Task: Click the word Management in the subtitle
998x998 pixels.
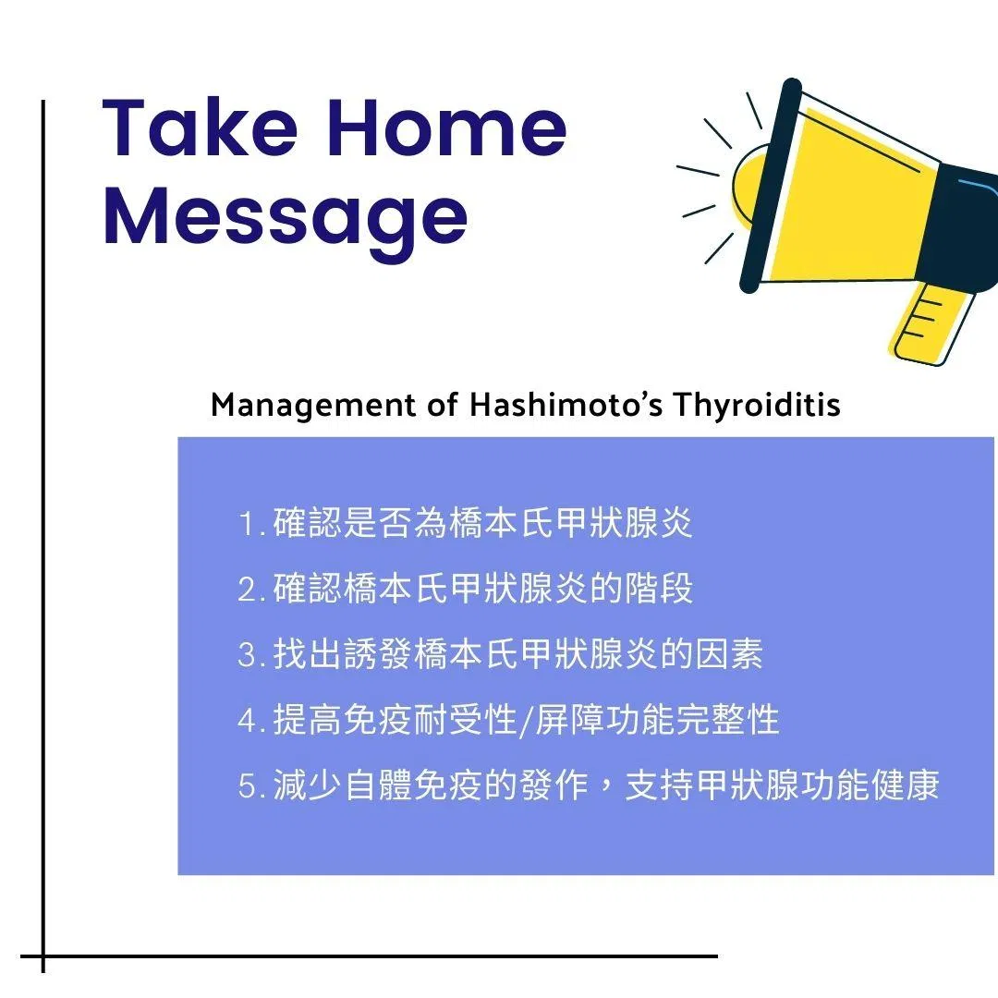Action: (312, 406)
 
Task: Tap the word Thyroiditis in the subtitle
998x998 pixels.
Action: (757, 406)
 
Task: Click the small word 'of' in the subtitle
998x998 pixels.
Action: (443, 405)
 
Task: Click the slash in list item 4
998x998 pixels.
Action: (526, 722)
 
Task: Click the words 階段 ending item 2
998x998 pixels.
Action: (658, 589)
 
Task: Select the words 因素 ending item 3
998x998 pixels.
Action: (728, 654)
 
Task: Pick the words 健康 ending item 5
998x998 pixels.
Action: (905, 785)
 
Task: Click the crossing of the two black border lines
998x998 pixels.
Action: (43, 956)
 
